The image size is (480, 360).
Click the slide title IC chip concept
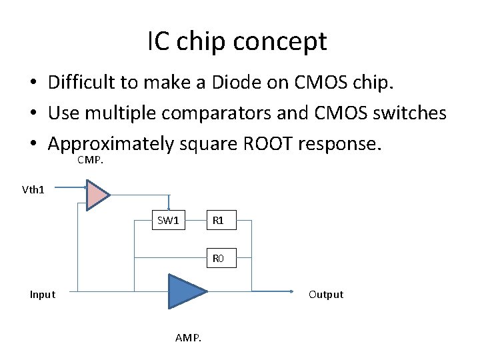click(x=237, y=42)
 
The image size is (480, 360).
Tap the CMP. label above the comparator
click(x=91, y=160)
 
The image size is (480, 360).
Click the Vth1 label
click(x=33, y=189)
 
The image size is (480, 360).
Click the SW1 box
click(x=168, y=221)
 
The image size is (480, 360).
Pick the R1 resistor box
click(x=217, y=221)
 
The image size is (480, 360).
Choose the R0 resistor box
click(x=218, y=258)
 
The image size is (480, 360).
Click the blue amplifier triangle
click(x=184, y=291)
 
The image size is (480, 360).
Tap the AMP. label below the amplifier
click(x=188, y=338)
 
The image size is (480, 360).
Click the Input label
click(x=43, y=295)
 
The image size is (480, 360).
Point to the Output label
click(x=325, y=295)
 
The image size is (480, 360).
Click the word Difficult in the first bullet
click(x=81, y=83)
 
